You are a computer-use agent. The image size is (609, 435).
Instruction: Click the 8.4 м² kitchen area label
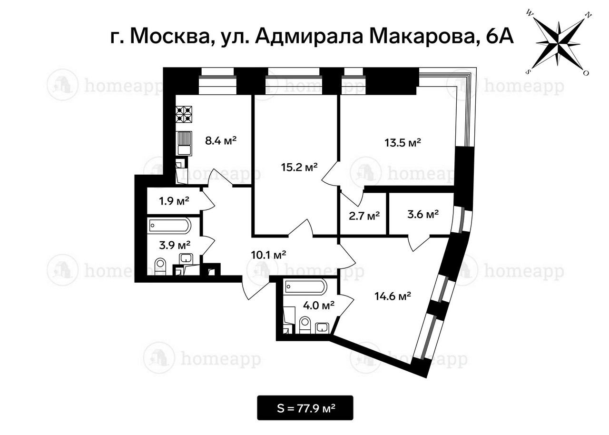(221, 141)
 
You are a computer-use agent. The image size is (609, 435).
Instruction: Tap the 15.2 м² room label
(299, 167)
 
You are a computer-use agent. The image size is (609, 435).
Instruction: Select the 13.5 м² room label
(403, 142)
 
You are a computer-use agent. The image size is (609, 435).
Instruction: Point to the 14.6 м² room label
(393, 297)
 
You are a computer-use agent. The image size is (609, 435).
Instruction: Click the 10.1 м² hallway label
(268, 255)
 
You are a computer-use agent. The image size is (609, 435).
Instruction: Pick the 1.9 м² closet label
(174, 201)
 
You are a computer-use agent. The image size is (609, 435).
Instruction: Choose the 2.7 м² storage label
(364, 216)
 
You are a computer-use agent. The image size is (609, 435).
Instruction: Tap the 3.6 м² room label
(423, 215)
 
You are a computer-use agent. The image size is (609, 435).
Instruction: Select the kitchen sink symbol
(184, 142)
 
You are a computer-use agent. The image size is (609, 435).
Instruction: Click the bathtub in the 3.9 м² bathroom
(169, 226)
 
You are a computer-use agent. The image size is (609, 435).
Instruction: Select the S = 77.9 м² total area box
(305, 408)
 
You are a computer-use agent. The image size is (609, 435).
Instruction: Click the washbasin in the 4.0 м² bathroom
(323, 327)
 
